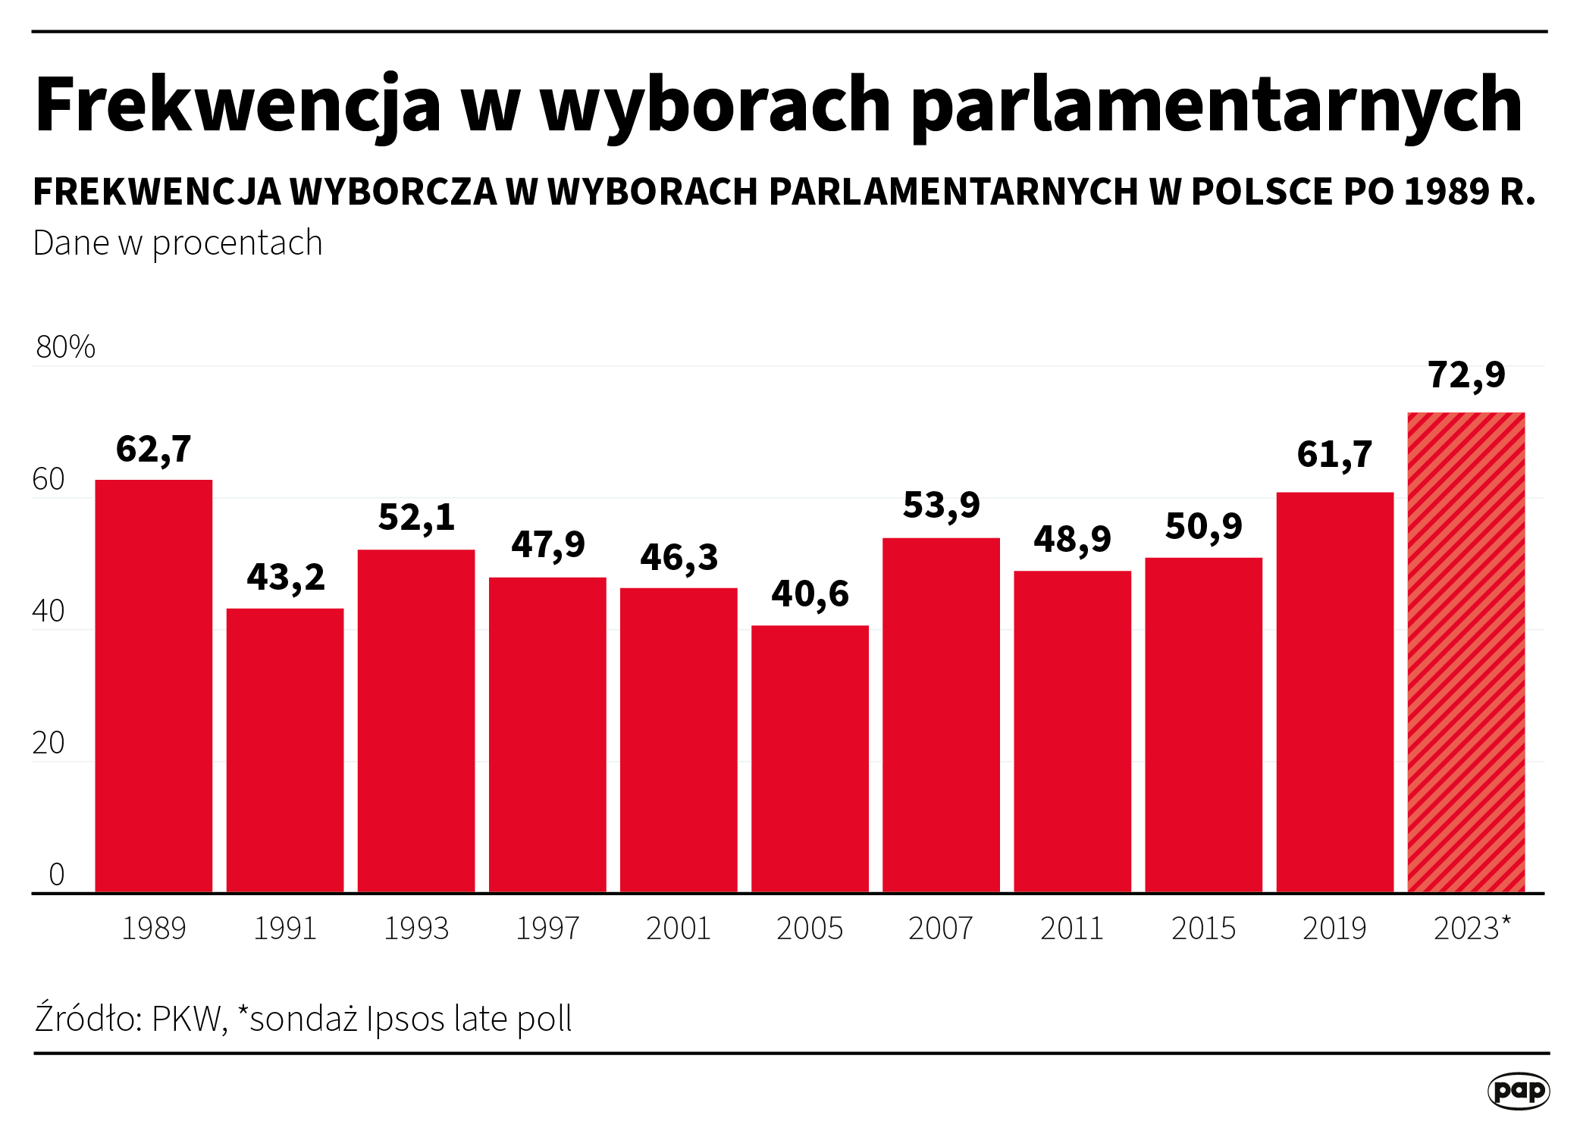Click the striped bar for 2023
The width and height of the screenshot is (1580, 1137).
tap(1466, 652)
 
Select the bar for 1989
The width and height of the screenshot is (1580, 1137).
tap(153, 686)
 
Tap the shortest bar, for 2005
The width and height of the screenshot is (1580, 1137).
tap(810, 758)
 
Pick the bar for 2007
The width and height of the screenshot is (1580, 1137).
tap(941, 715)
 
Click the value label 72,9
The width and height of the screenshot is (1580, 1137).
tap(1466, 375)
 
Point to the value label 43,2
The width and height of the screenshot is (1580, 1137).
tap(285, 578)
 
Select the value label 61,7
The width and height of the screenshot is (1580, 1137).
tap(1334, 455)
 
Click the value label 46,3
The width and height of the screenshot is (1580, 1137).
tap(679, 558)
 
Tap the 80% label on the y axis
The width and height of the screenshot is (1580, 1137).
tap(65, 347)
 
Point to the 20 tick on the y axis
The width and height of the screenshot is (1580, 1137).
tap(49, 744)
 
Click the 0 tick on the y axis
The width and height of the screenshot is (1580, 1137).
tap(56, 875)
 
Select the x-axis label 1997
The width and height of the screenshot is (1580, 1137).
tap(547, 929)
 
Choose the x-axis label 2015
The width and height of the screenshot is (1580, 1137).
tap(1203, 929)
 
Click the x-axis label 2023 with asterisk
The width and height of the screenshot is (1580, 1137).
tap(1471, 929)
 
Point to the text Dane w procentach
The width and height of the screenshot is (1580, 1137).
tap(177, 243)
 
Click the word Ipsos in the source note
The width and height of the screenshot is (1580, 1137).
tap(405, 1019)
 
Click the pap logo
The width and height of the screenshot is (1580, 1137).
tap(1518, 1091)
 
